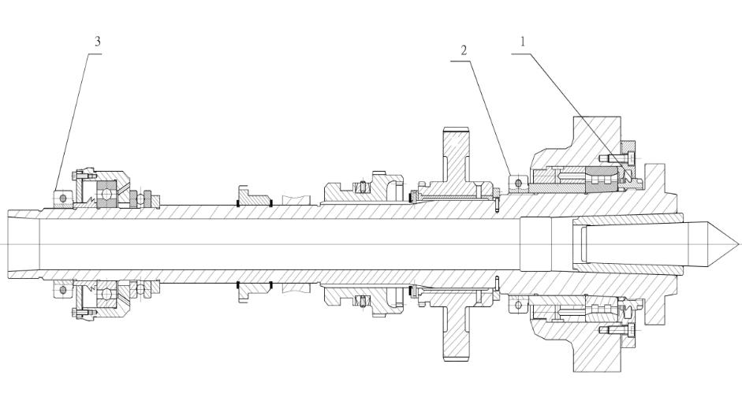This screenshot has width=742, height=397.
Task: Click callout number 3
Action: [98, 42]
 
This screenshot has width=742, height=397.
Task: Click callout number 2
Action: [464, 50]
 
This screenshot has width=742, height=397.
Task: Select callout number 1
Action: [523, 42]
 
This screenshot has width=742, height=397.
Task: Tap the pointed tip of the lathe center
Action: [738, 244]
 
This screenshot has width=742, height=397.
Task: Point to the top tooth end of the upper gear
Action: [457, 128]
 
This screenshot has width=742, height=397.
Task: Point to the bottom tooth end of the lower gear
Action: [457, 359]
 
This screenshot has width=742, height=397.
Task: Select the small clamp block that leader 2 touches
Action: [518, 183]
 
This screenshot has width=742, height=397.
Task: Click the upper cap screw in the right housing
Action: [615, 157]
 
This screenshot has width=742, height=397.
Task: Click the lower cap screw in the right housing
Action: [615, 329]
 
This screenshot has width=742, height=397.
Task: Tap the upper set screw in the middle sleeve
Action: [363, 187]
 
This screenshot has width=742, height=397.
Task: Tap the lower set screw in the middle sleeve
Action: [363, 301]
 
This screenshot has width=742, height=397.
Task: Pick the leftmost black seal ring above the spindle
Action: [237, 204]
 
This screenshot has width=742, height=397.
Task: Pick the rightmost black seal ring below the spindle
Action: [271, 284]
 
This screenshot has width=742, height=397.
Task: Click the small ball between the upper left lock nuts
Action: [140, 198]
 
